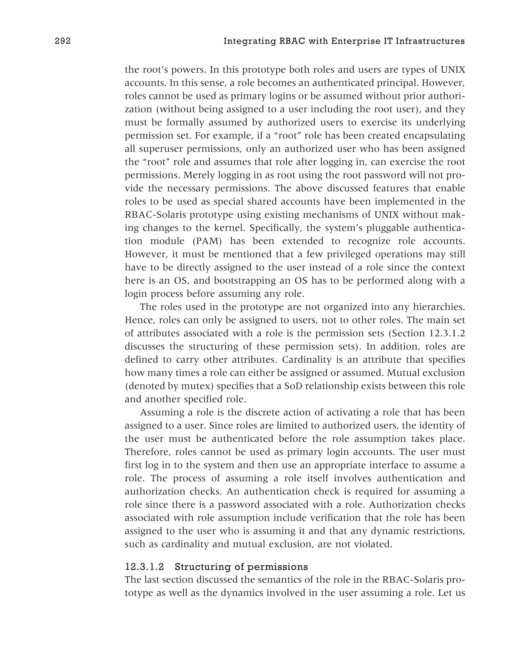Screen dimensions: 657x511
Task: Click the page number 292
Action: pos(63,41)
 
